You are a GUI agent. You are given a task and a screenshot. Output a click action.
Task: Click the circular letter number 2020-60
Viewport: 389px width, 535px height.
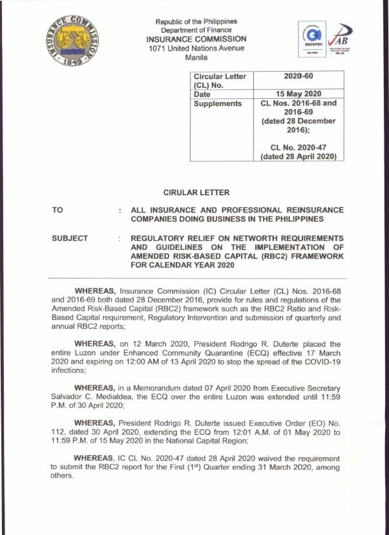pos(298,76)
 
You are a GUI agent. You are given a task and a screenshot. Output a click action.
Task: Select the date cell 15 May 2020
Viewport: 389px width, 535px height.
pos(298,94)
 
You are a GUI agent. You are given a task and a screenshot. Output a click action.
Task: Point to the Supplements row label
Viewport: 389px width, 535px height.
pos(218,103)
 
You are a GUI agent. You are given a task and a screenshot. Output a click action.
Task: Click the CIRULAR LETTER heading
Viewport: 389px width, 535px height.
pos(196,193)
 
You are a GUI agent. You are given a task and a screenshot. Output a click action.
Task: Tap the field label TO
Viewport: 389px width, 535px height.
pos(58,211)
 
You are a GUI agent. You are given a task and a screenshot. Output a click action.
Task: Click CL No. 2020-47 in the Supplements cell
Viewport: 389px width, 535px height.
pos(298,147)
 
